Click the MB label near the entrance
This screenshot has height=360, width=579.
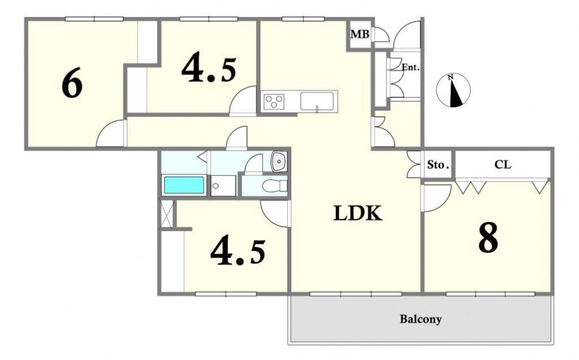(x=360, y=34)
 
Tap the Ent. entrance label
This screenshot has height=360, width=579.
(x=410, y=68)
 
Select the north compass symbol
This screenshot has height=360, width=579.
(x=454, y=90)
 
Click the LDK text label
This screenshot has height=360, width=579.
(x=358, y=213)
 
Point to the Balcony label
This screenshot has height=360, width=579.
(x=421, y=319)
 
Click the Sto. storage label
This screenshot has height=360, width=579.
(x=438, y=165)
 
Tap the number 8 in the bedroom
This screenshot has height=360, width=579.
(x=488, y=238)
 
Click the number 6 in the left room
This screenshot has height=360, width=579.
(x=72, y=84)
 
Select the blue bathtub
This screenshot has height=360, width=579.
(x=184, y=185)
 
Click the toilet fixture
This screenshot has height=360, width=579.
(x=274, y=185)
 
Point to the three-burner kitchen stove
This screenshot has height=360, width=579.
(x=274, y=101)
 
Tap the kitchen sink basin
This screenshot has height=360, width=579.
(x=317, y=101)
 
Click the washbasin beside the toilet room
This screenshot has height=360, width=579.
(x=279, y=161)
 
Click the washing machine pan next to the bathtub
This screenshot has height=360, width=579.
(x=223, y=186)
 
